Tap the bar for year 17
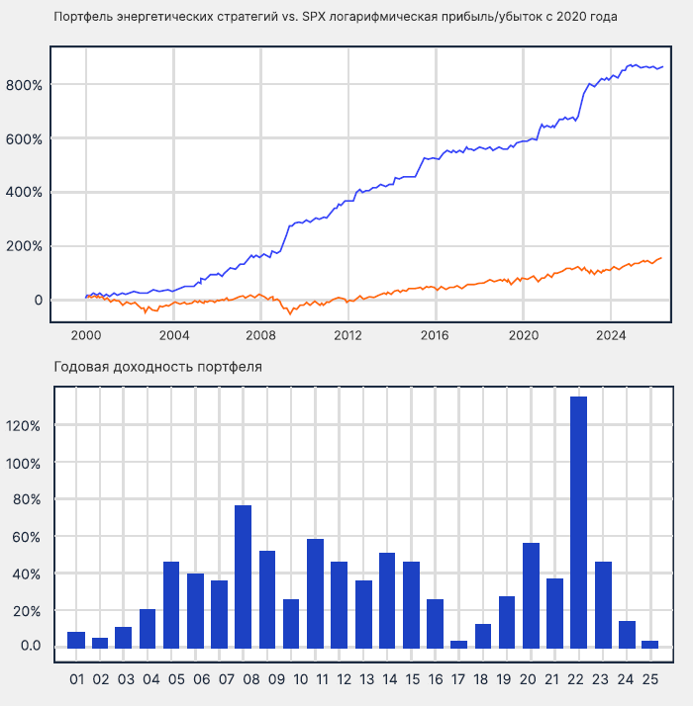pyautogui.click(x=459, y=645)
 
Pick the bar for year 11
pyautogui.click(x=316, y=593)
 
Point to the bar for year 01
pyautogui.click(x=76, y=640)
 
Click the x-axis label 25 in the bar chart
pyautogui.click(x=650, y=680)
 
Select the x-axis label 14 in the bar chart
pyautogui.click(x=387, y=680)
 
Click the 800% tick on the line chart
pyautogui.click(x=25, y=85)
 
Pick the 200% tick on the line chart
pyautogui.click(x=25, y=246)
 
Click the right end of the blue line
pyautogui.click(x=662, y=67)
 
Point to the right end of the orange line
pyautogui.click(x=662, y=258)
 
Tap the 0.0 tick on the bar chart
pyautogui.click(x=29, y=647)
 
